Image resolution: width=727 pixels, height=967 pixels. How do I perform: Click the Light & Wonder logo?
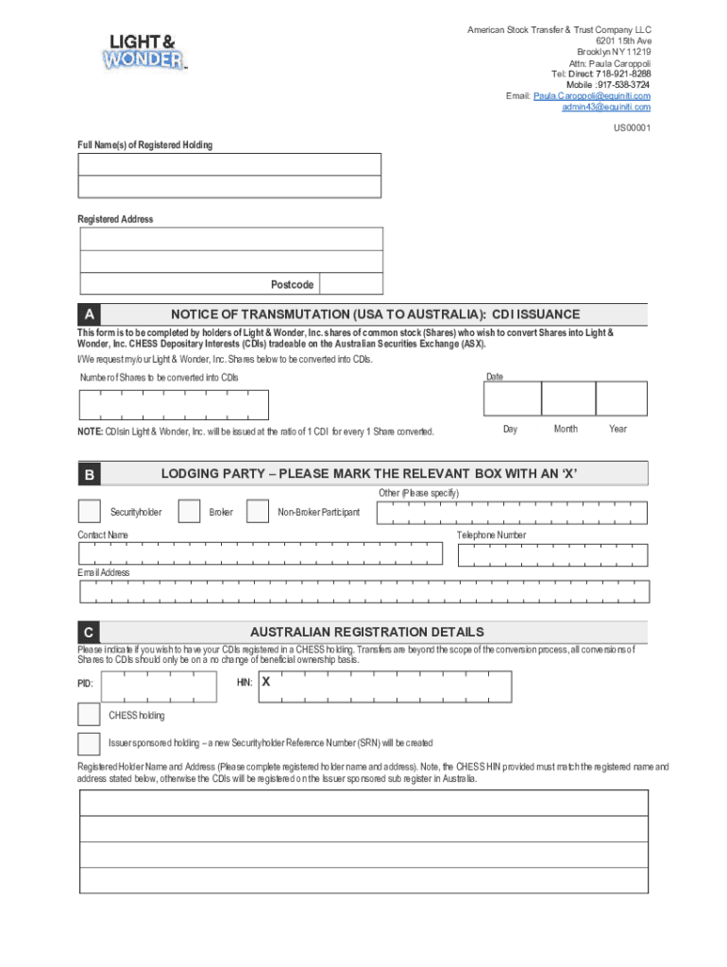coord(144,51)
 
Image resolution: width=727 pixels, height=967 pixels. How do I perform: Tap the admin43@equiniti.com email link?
coord(605,108)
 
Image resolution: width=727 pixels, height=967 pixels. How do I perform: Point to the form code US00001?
coord(632,127)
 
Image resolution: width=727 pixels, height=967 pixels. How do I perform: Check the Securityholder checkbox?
coord(89,512)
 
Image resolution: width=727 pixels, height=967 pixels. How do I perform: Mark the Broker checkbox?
coord(189,512)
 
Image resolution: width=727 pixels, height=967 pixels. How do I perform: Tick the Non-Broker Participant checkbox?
coord(258,512)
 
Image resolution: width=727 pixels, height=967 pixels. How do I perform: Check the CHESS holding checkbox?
coord(89,715)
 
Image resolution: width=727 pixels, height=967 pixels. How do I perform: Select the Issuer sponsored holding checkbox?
coord(89,743)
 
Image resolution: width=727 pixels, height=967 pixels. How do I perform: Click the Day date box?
coord(512,399)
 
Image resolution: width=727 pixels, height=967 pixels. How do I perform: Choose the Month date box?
coord(567,399)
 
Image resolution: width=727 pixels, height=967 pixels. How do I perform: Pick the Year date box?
coord(621,399)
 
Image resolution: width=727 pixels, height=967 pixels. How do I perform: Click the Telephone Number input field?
coord(553,554)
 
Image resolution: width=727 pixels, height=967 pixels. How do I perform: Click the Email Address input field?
coord(364,591)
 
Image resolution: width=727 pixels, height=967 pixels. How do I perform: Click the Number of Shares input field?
coord(175,405)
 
